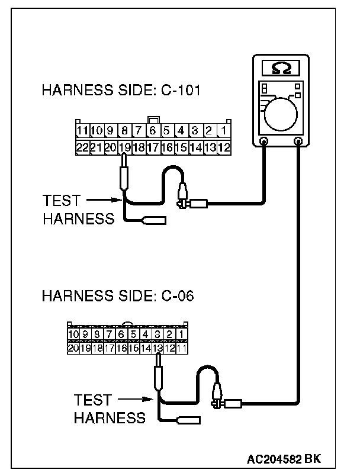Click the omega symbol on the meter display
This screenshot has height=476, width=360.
(x=281, y=68)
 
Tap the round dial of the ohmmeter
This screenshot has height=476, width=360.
(x=281, y=114)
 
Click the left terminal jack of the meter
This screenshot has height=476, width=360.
(x=263, y=141)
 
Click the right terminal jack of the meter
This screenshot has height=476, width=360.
(x=298, y=141)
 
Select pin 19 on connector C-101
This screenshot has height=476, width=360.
(x=124, y=148)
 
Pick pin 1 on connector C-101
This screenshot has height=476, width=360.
(x=224, y=131)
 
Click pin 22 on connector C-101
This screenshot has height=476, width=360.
(x=82, y=148)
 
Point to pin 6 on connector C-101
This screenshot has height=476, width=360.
(x=153, y=131)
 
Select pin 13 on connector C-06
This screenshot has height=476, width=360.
(x=157, y=348)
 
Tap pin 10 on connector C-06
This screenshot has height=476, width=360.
(x=73, y=335)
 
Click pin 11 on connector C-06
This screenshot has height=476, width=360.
(x=182, y=348)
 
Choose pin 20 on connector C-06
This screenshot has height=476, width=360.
(x=73, y=348)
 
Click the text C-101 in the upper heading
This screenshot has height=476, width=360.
(x=181, y=90)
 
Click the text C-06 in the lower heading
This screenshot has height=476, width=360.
(x=178, y=295)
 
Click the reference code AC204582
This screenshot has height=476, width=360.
(x=274, y=459)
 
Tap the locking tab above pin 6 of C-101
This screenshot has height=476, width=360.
(x=153, y=120)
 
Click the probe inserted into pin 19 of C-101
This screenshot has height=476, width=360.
(x=124, y=172)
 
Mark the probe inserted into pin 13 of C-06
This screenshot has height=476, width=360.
(x=158, y=372)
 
